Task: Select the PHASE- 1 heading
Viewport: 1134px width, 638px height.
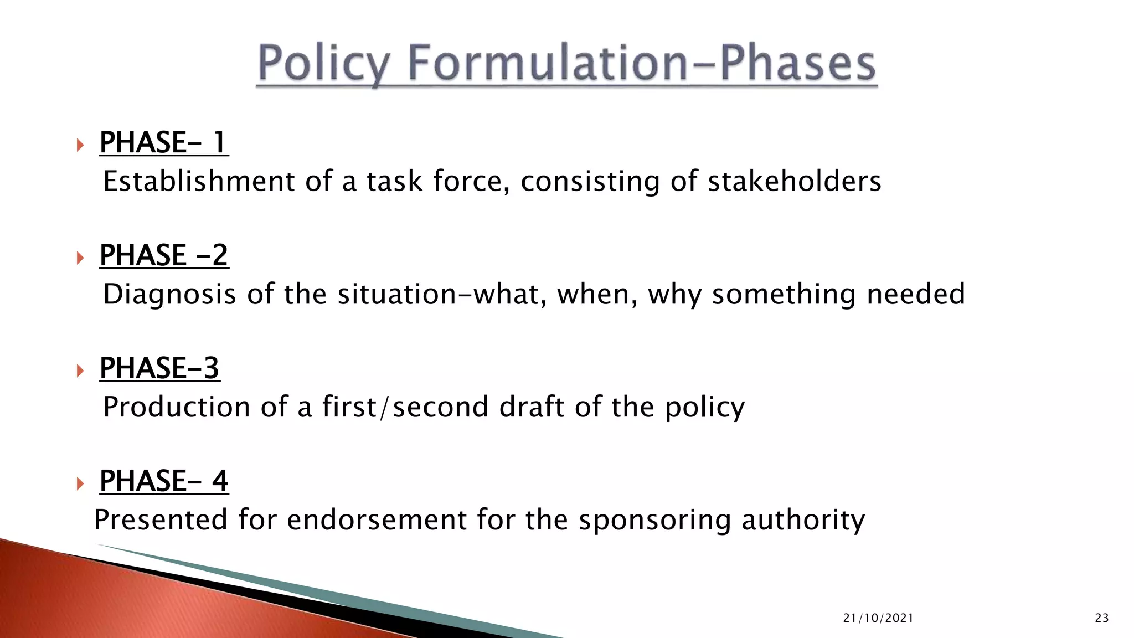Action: (164, 142)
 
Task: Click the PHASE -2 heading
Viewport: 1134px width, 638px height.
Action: (164, 255)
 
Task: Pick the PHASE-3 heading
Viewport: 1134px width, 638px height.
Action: (159, 368)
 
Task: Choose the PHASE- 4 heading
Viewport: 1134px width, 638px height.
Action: (164, 481)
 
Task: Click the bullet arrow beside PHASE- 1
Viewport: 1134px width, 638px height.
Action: (81, 145)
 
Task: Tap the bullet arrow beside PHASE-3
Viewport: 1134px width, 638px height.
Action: (81, 371)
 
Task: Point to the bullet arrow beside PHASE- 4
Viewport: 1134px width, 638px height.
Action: (81, 483)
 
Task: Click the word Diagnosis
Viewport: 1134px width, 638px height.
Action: (169, 294)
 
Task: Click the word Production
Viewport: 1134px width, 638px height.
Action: (177, 407)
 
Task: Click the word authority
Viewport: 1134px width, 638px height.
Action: (803, 521)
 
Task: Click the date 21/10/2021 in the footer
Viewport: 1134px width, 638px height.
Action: (878, 618)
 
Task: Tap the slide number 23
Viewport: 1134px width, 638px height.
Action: (1102, 618)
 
